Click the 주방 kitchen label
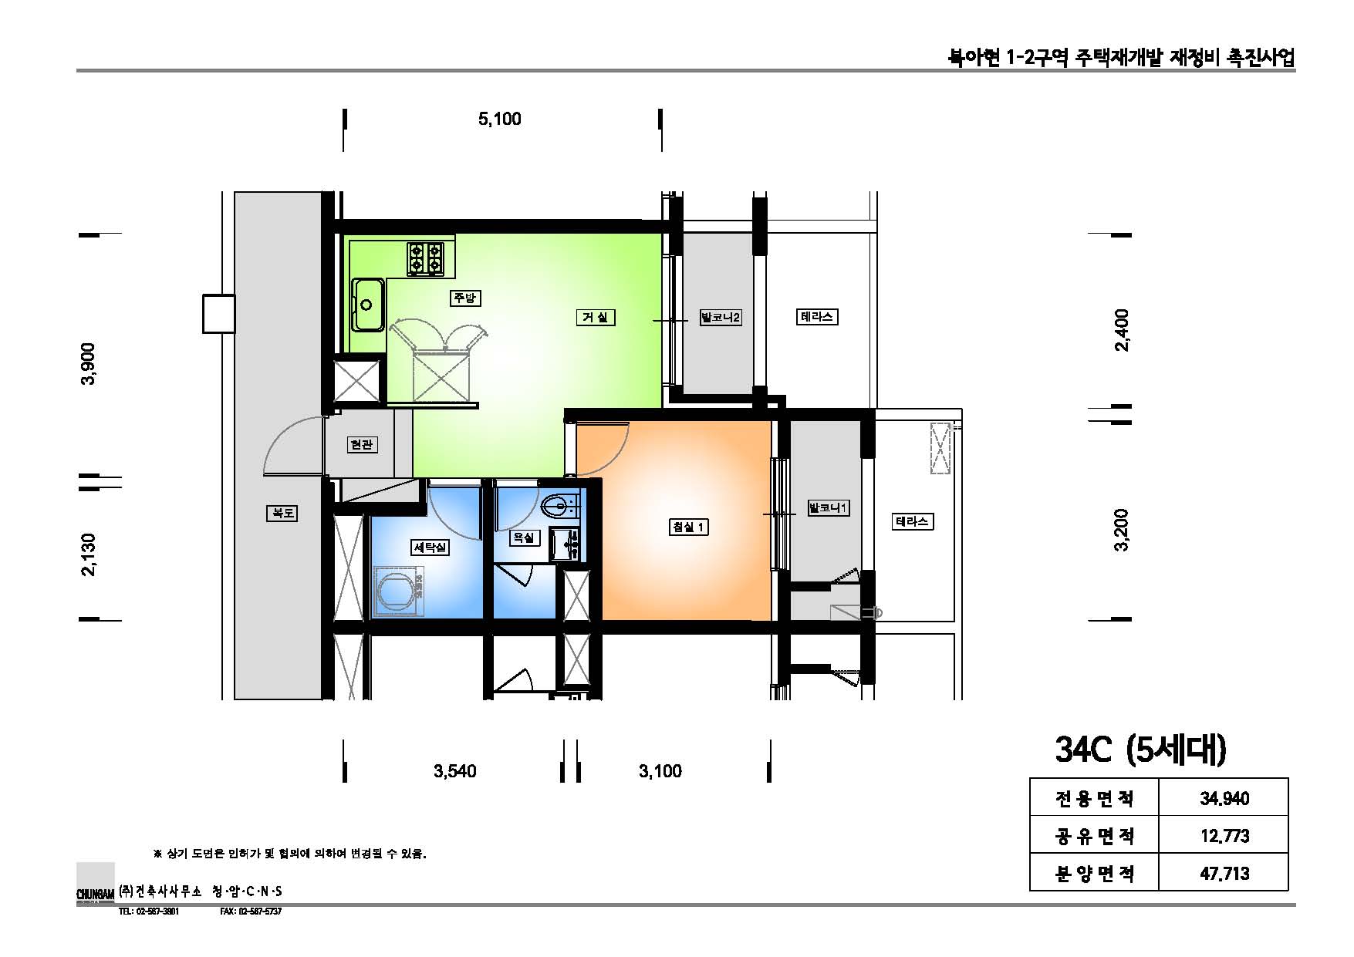464,298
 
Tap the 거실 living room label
595,317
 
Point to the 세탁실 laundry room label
430,547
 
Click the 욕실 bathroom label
523,537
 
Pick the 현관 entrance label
361,444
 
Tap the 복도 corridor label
281,512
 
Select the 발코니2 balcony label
720,317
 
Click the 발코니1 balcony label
828,508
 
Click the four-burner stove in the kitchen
426,258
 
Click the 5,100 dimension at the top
500,119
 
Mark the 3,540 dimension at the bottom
455,771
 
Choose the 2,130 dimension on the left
90,554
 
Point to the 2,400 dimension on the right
1122,330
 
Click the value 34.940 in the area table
1224,798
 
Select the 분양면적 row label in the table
1094,873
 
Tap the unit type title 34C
1083,750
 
